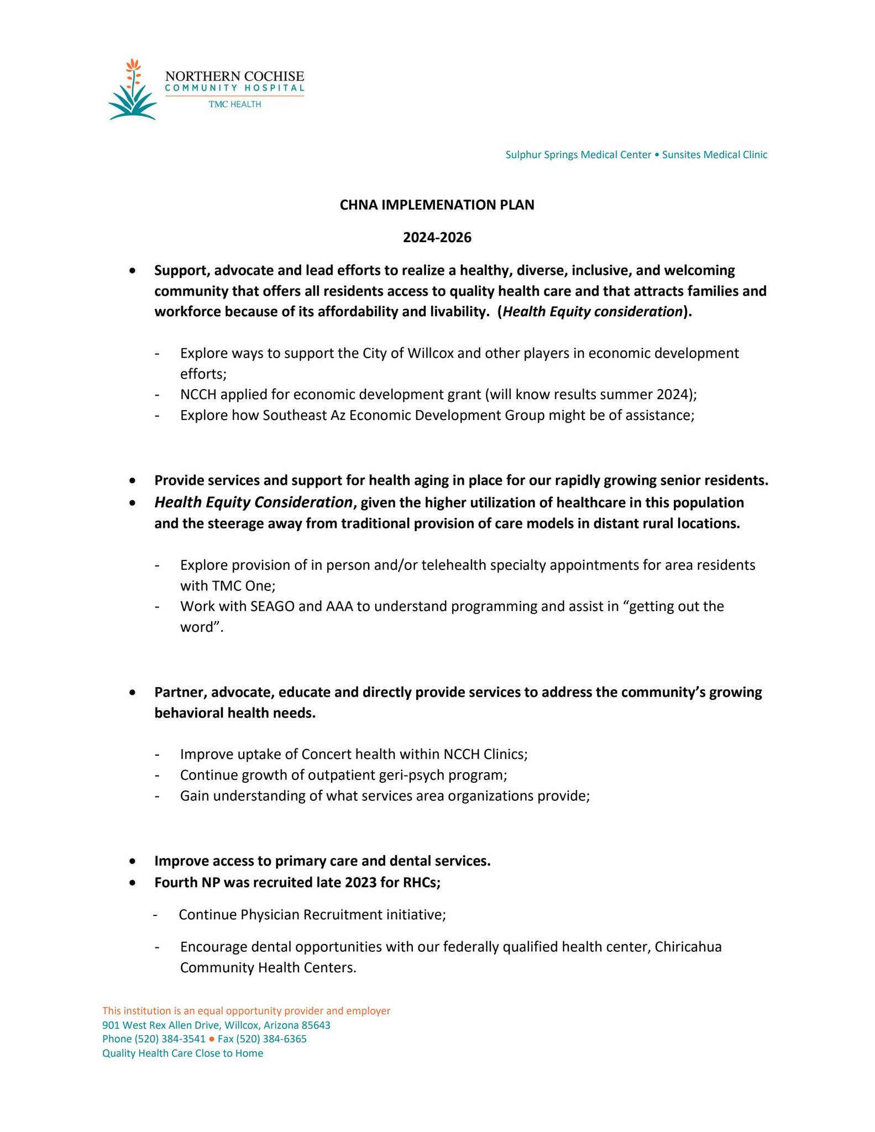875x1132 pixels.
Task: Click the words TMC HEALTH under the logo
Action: click(234, 104)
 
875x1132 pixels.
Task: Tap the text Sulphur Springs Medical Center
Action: click(578, 155)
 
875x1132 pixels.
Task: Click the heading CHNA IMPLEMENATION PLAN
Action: click(437, 205)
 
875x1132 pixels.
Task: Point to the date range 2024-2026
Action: click(437, 238)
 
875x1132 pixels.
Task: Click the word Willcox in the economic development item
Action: click(430, 353)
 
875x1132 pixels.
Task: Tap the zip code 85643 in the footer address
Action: click(316, 1025)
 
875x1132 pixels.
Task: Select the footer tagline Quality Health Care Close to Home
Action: click(182, 1054)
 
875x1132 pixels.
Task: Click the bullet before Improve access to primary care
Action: click(132, 861)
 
